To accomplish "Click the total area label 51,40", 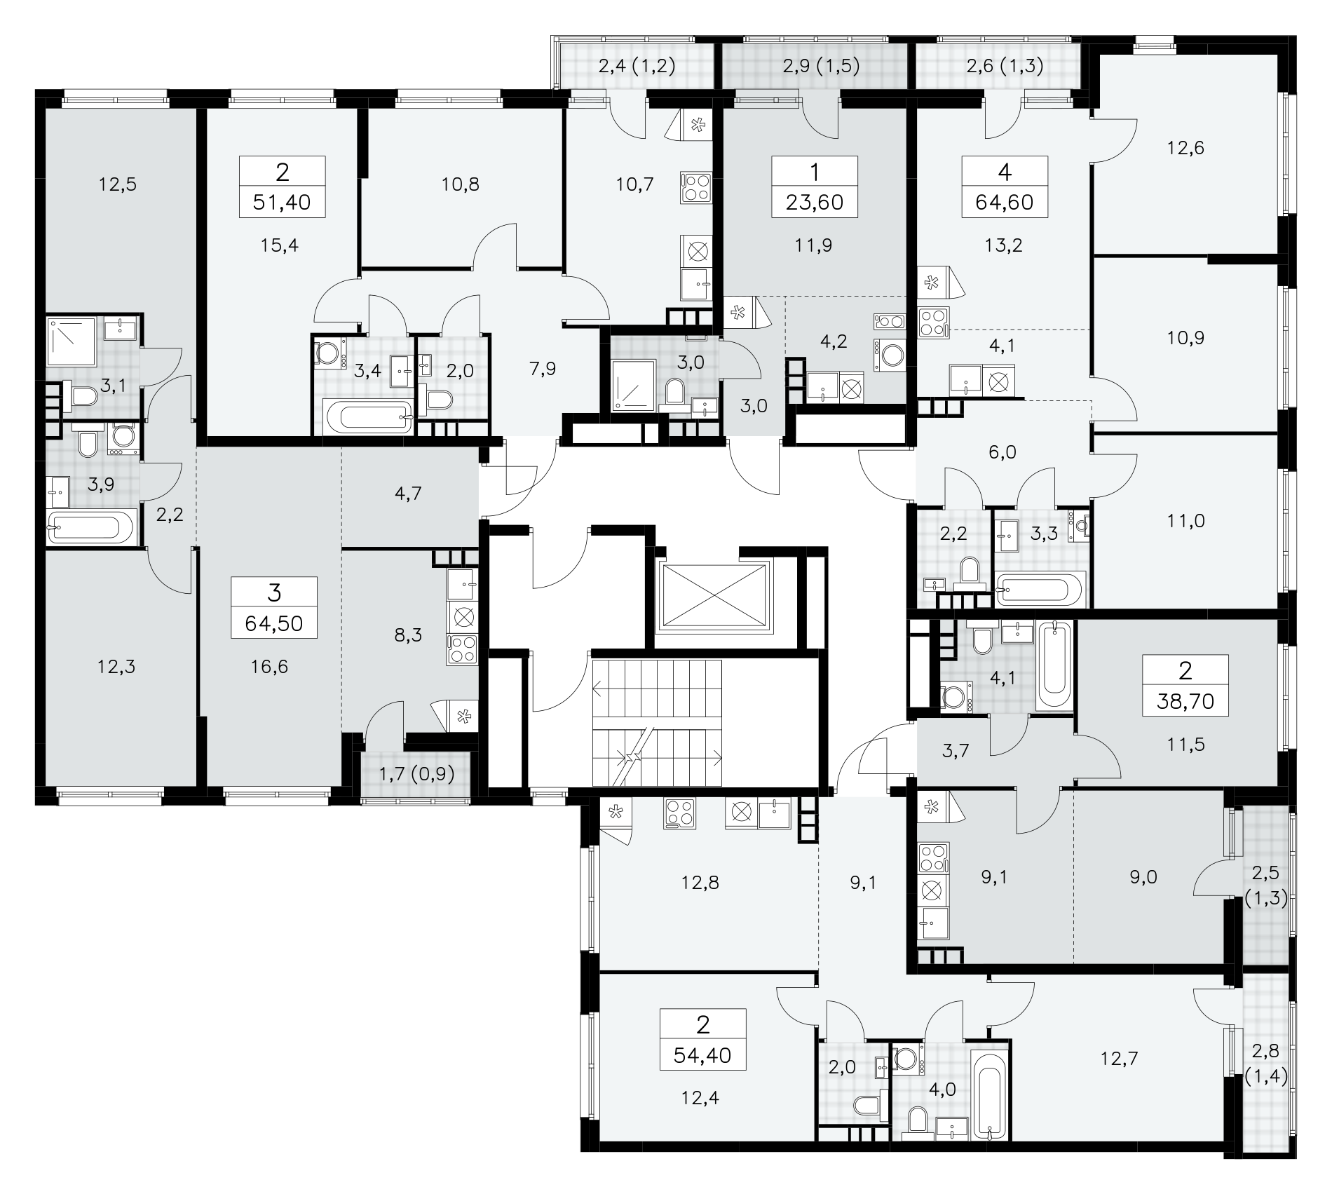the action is coord(283,203).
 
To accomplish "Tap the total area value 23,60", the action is coord(815,203).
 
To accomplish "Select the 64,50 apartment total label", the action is coord(274,623).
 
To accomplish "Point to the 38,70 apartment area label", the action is coord(1185,700).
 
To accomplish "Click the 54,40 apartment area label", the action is coord(702,1055).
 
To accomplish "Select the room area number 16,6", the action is coord(269,666).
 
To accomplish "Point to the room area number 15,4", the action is coord(280,245).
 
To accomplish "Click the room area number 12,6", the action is coord(1185,148).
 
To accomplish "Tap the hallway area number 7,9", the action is coord(543,369).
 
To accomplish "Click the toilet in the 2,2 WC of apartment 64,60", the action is coord(970,572).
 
